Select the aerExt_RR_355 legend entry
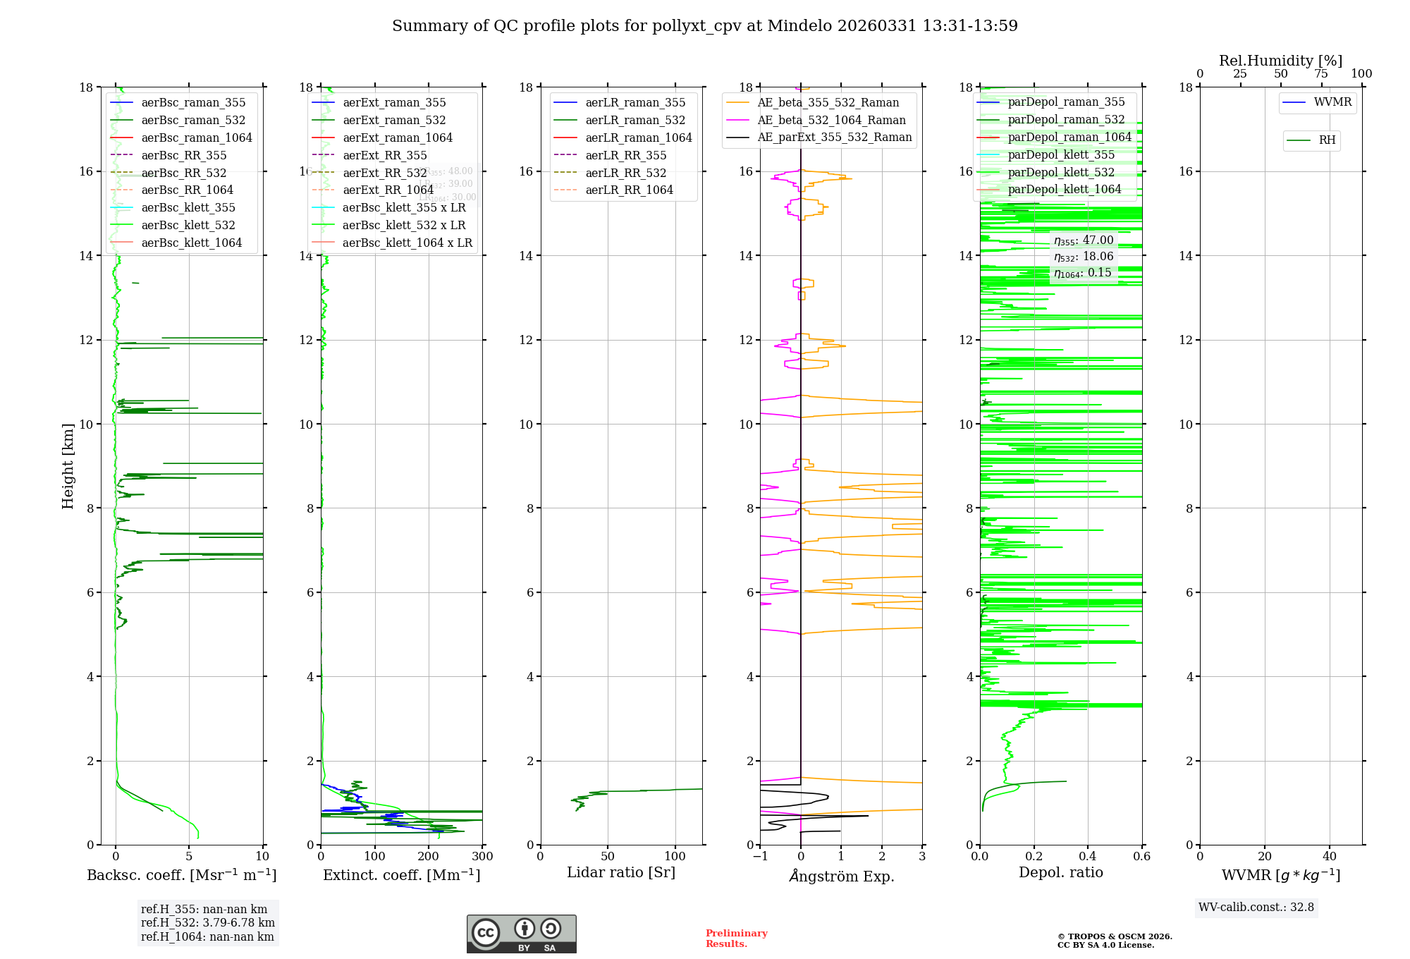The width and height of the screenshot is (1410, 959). [384, 155]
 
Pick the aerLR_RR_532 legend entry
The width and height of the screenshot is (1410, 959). [625, 173]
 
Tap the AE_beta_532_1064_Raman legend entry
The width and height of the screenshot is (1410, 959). [831, 120]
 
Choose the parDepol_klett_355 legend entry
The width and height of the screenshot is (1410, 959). [1061, 154]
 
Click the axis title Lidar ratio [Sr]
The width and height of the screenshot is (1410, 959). [621, 872]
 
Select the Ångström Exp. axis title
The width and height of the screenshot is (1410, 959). [842, 876]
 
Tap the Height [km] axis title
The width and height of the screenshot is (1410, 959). [68, 465]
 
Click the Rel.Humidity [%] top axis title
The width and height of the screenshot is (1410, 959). [1280, 61]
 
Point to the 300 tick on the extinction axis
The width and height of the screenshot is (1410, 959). [483, 857]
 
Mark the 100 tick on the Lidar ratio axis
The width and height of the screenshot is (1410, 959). [675, 857]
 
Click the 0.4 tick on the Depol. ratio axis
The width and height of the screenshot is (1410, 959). [1088, 857]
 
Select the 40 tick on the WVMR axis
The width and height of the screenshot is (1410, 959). [1330, 857]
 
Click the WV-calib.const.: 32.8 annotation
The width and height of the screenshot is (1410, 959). [1256, 907]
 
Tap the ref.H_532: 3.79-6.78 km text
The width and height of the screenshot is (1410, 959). [208, 922]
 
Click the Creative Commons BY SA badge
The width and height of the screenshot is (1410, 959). [521, 934]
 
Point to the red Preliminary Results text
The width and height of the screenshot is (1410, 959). [736, 939]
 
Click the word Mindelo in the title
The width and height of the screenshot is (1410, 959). [799, 26]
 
